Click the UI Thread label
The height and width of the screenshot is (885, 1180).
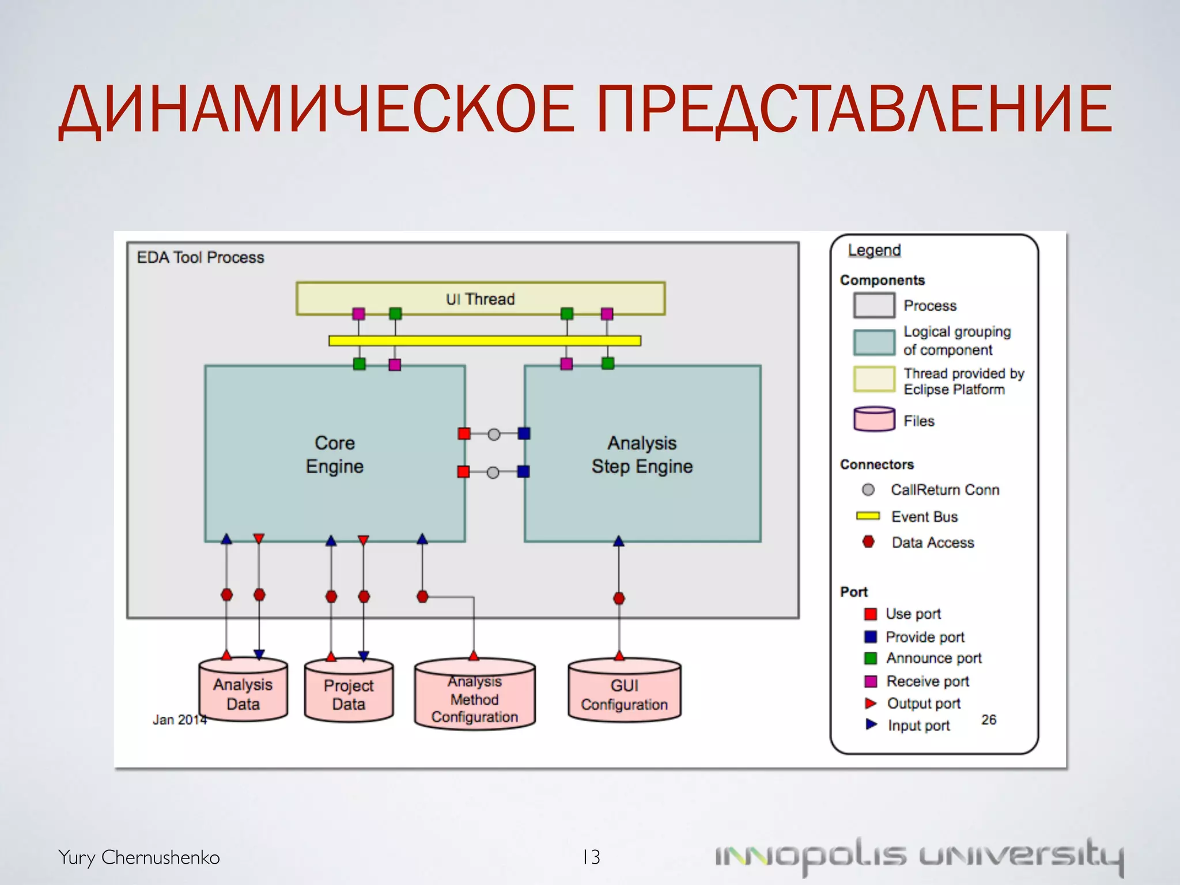[480, 299]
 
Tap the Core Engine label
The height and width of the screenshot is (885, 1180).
[335, 454]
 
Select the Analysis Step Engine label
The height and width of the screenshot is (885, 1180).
[642, 454]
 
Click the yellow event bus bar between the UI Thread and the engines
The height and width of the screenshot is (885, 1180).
[485, 341]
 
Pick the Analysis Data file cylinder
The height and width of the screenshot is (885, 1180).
[243, 691]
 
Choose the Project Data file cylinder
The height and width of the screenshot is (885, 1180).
[349, 692]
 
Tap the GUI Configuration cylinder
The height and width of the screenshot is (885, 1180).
[625, 692]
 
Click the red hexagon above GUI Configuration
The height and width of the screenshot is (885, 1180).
[619, 598]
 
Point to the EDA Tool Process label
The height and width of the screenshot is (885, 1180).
[200, 258]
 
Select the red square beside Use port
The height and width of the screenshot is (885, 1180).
[871, 614]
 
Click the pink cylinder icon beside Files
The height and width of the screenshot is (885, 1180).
[874, 419]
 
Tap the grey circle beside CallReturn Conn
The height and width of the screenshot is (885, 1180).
[868, 490]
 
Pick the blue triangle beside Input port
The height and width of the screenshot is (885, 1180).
[871, 724]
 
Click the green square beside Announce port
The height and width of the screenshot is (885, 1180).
[871, 658]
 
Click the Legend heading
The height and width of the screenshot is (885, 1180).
[874, 251]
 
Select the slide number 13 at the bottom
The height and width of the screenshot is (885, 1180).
[591, 857]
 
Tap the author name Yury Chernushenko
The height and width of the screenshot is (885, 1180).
[139, 857]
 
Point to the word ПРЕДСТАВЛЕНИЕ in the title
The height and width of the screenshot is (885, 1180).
[854, 109]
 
